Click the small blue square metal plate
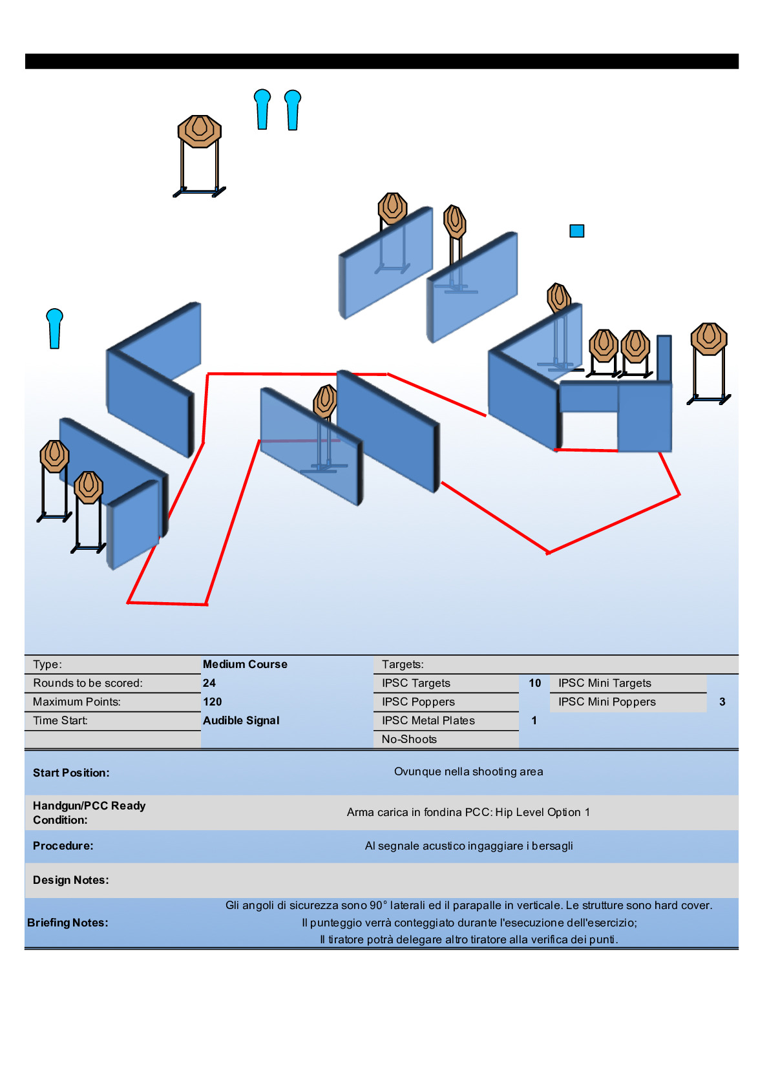click(x=576, y=231)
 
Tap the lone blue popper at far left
click(x=55, y=328)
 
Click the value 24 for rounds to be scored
click(x=209, y=683)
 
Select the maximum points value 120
click(x=213, y=702)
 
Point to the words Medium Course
click(x=245, y=664)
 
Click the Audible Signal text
click(x=241, y=720)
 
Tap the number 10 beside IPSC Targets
click(x=535, y=683)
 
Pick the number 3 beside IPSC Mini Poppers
click(x=722, y=702)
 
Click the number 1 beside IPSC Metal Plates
click(x=534, y=720)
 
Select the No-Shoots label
click(x=409, y=739)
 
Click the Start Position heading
click(x=71, y=773)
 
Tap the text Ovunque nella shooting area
click(x=469, y=771)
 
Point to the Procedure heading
click(x=63, y=846)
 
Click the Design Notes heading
click(x=70, y=880)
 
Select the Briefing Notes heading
click(x=68, y=923)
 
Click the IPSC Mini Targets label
click(x=605, y=683)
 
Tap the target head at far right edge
click(x=709, y=339)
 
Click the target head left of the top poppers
click(x=200, y=131)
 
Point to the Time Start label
click(x=60, y=720)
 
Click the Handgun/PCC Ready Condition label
click(x=89, y=813)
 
